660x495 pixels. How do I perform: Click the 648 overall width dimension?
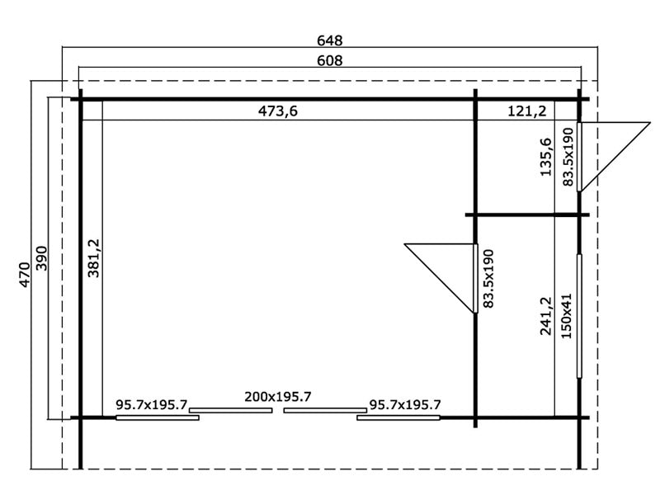[x=329, y=40]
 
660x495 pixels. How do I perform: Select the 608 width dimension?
[x=329, y=60]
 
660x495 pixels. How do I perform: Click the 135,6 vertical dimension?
[x=544, y=157]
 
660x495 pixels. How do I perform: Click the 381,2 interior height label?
[x=93, y=258]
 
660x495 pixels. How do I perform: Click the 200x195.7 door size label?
[x=277, y=397]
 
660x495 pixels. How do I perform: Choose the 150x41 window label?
[x=568, y=318]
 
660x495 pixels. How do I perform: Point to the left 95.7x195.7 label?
[x=152, y=405]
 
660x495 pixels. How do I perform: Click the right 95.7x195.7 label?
[x=404, y=405]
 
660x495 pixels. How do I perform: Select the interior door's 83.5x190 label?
[x=488, y=279]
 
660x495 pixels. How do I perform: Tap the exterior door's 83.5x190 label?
[x=568, y=157]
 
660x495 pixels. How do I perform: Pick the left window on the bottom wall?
[x=157, y=417]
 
